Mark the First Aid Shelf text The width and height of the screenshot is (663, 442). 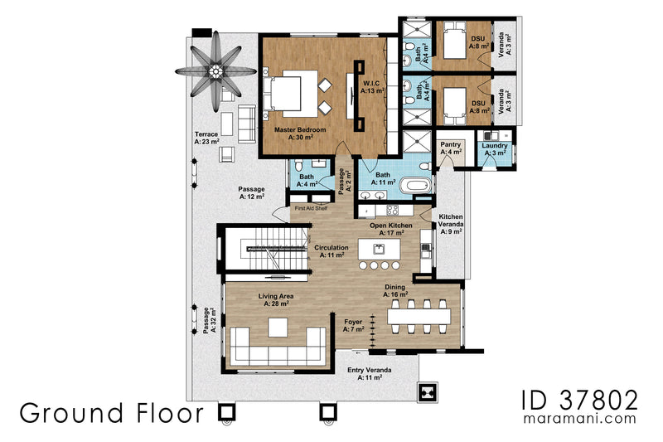(312, 209)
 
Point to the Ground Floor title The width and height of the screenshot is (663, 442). (111, 411)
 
